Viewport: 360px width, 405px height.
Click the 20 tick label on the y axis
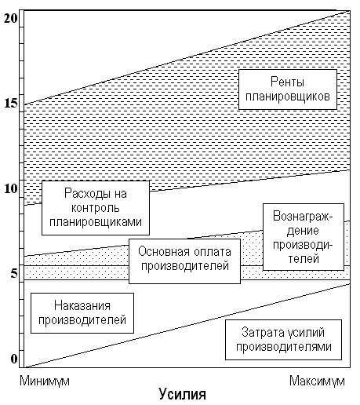coord(10,18)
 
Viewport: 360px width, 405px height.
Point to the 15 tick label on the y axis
coord(11,103)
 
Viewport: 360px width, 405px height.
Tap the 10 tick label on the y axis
coord(11,188)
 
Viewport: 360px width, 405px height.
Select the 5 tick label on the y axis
coord(14,274)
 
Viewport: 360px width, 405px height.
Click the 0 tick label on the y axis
coord(14,359)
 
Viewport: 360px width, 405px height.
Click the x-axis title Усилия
coord(183,394)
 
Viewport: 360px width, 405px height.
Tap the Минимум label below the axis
coord(45,381)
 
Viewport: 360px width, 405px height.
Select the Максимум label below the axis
coord(317,381)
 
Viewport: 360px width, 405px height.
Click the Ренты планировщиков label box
coord(288,89)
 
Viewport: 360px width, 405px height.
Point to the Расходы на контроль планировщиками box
coord(96,208)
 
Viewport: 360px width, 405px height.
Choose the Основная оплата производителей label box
coord(184,261)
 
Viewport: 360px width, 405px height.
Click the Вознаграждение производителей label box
coord(304,237)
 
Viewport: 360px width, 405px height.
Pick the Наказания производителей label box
coord(82,313)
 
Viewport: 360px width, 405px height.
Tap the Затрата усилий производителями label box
coord(283,340)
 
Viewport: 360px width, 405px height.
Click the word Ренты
coord(287,82)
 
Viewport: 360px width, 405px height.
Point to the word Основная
coord(164,251)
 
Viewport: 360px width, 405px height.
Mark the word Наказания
coord(82,305)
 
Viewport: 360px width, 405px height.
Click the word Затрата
coord(263,332)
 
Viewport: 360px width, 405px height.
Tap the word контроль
coord(96,208)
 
